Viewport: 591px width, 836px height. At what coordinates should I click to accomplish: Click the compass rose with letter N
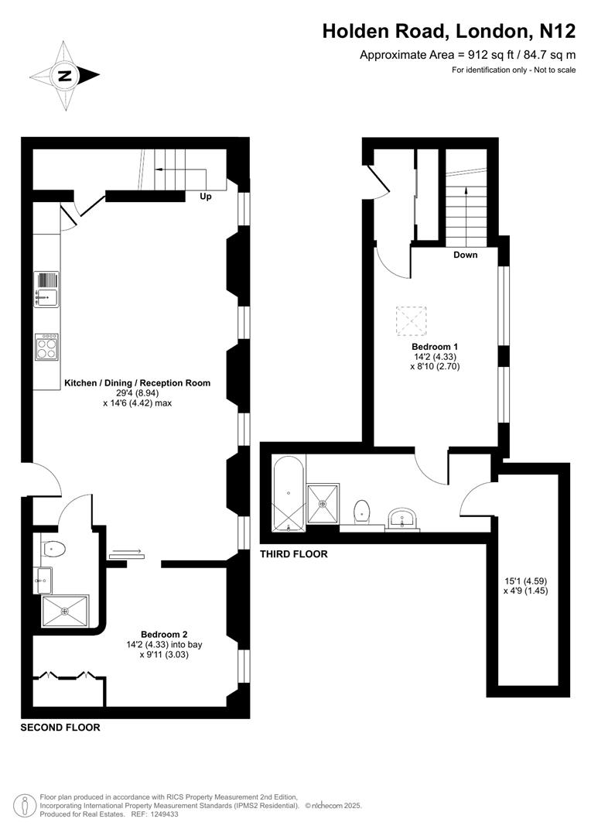click(x=65, y=75)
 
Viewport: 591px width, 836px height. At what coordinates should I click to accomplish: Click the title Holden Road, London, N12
click(x=449, y=31)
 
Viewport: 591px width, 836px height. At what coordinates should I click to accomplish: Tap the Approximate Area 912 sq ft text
click(x=467, y=55)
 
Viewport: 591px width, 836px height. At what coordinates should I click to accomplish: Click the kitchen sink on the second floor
click(x=46, y=289)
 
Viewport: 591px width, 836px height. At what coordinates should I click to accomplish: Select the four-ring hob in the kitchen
click(x=46, y=346)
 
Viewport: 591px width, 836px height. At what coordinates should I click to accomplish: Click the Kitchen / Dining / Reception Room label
click(x=137, y=383)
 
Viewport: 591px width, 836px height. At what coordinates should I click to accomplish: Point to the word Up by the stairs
click(x=206, y=197)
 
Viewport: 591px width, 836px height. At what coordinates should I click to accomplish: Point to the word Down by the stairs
click(x=465, y=255)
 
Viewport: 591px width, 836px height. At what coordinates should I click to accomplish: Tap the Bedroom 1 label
click(x=435, y=346)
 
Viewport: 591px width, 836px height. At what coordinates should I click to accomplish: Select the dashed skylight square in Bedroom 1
click(x=411, y=321)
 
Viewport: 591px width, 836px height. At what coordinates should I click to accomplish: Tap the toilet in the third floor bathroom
click(x=361, y=511)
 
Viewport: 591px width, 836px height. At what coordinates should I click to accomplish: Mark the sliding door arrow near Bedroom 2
click(x=126, y=552)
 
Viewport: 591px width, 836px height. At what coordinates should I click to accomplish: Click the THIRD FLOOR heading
click(x=293, y=554)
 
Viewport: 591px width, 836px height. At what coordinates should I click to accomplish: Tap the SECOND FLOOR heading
click(x=60, y=728)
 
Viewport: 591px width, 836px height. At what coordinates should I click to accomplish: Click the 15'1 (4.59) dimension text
click(x=525, y=581)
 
